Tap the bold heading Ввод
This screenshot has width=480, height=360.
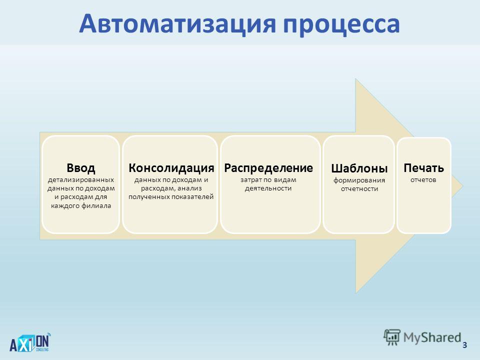tap(81, 168)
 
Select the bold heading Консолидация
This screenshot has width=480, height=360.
tap(171, 168)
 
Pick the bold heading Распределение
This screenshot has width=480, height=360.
tap(268, 168)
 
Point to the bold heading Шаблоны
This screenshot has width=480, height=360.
tap(359, 168)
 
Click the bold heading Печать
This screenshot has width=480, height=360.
tap(423, 168)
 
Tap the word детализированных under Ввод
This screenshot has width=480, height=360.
tap(81, 180)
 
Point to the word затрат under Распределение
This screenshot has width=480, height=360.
tap(250, 180)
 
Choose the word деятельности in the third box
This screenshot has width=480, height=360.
tap(268, 188)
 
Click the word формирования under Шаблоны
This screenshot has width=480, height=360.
tap(359, 180)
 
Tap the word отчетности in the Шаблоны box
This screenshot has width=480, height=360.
tap(359, 189)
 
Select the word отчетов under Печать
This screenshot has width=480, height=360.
tap(423, 180)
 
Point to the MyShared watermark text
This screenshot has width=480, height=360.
tap(432, 337)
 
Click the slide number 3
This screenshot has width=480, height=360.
tap(464, 345)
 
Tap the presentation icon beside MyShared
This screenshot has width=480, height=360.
tap(392, 337)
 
